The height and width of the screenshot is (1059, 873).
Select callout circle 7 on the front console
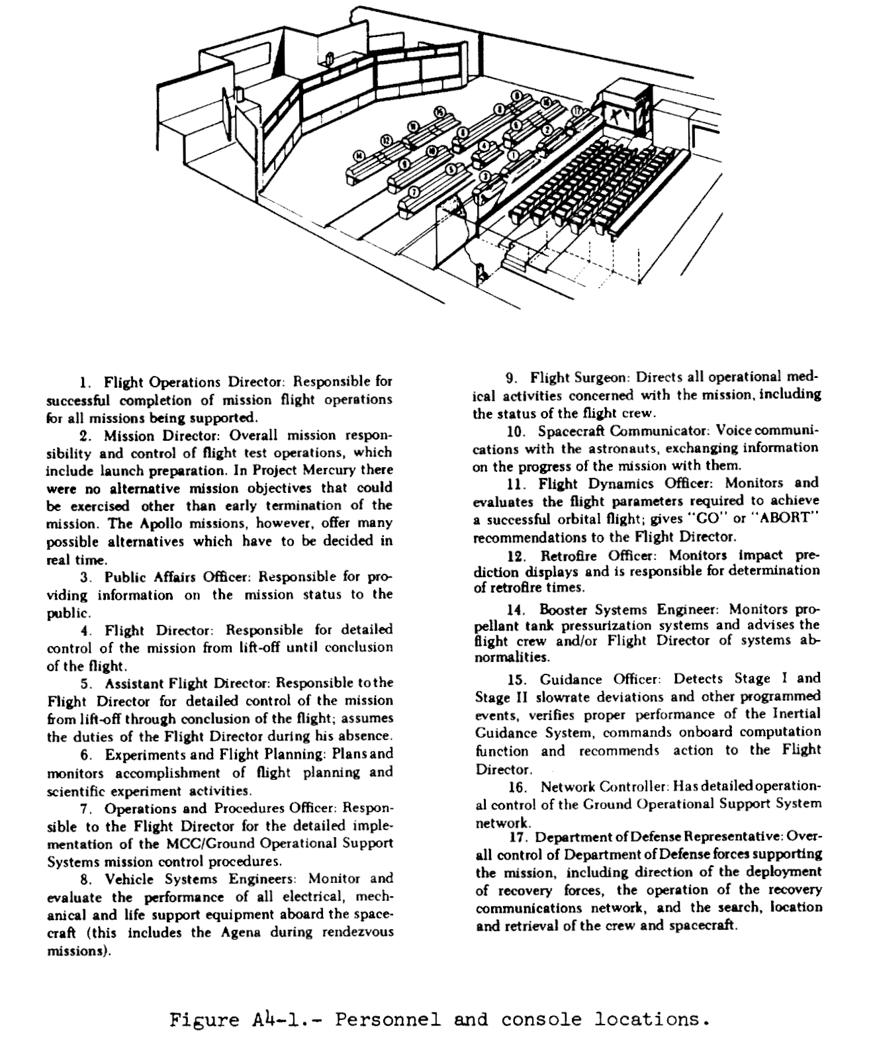415,192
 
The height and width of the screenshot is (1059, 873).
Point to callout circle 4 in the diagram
484,145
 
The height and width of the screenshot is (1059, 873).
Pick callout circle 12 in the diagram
386,140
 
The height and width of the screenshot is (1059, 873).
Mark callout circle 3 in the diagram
484,176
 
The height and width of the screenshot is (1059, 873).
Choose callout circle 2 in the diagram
547,130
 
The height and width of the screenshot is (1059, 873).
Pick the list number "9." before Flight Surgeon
512,378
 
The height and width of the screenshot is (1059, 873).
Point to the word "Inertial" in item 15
795,714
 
